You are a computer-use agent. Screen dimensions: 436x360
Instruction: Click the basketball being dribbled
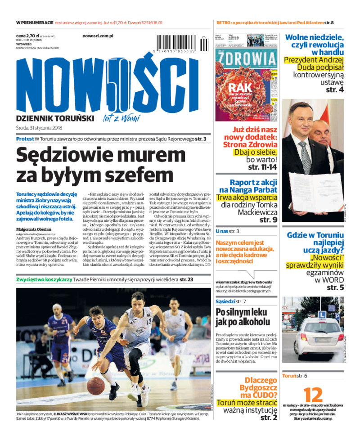[x=96, y=385]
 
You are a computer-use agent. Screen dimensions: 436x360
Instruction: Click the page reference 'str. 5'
[x=335, y=288]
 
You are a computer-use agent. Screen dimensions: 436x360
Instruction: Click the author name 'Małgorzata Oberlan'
[x=33, y=229]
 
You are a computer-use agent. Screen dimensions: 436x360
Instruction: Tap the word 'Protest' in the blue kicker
[x=25, y=139]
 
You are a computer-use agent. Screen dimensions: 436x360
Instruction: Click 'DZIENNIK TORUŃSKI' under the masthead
[x=54, y=118]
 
